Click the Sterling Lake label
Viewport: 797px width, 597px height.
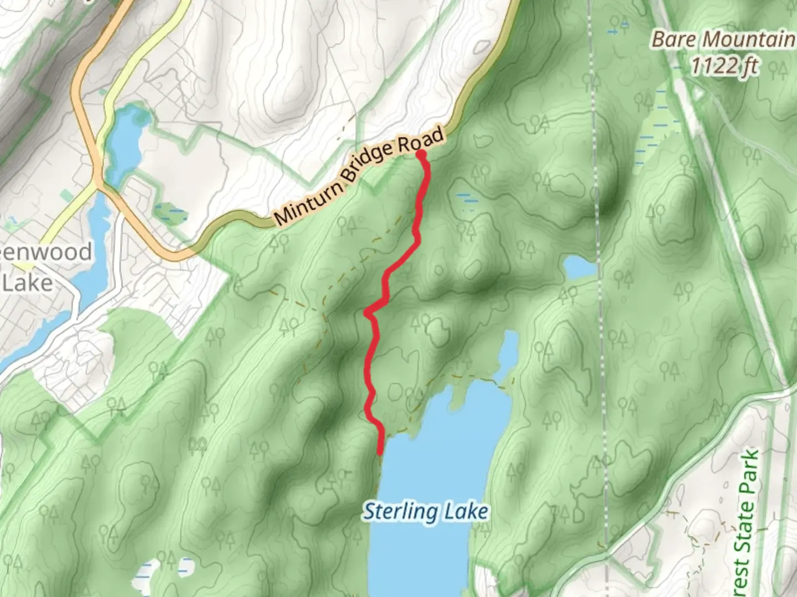pyautogui.click(x=425, y=511)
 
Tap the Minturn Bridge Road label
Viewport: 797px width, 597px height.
pyautogui.click(x=360, y=176)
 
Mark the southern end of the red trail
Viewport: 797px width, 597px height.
pyautogui.click(x=380, y=453)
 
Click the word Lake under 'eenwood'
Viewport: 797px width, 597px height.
pyautogui.click(x=28, y=282)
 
